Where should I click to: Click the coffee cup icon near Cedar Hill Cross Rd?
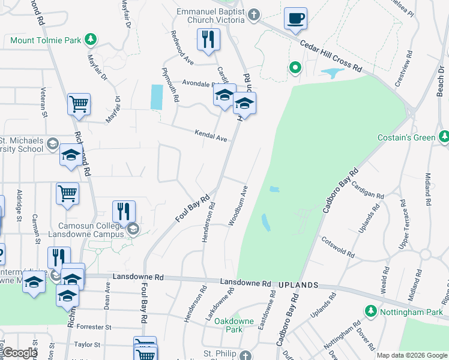pos(295,19)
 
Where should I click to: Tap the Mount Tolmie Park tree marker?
pos(90,40)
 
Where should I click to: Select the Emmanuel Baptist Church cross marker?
pos(255,14)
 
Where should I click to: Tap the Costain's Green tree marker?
pos(444,137)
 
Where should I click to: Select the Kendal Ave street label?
pos(211,136)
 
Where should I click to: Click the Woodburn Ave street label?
pos(238,206)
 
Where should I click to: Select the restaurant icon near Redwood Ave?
pos(208,40)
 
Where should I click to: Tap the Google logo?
pos(19,353)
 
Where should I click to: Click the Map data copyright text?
pos(412,355)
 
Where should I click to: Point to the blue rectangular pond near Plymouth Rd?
pos(156,97)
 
